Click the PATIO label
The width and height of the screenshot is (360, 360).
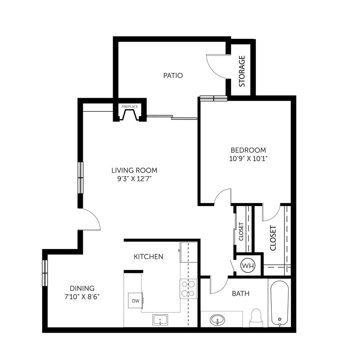click(173, 75)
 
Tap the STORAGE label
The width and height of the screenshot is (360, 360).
click(242, 71)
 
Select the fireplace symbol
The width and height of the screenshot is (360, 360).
click(129, 114)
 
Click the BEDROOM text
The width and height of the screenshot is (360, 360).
click(248, 150)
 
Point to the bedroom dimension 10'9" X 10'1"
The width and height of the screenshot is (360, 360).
click(248, 158)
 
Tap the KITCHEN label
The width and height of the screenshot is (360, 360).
click(148, 256)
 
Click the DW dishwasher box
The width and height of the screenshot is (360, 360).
click(136, 301)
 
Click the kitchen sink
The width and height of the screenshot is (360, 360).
click(160, 319)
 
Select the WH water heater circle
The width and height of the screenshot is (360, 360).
click(248, 266)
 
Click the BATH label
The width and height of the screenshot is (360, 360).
click(241, 293)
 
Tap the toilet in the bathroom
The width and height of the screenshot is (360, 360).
click(255, 317)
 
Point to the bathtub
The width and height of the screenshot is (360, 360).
click(279, 302)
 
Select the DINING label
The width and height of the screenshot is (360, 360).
click(83, 288)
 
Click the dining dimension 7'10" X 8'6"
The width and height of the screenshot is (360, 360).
click(83, 296)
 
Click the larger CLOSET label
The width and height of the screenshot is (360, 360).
click(273, 238)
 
